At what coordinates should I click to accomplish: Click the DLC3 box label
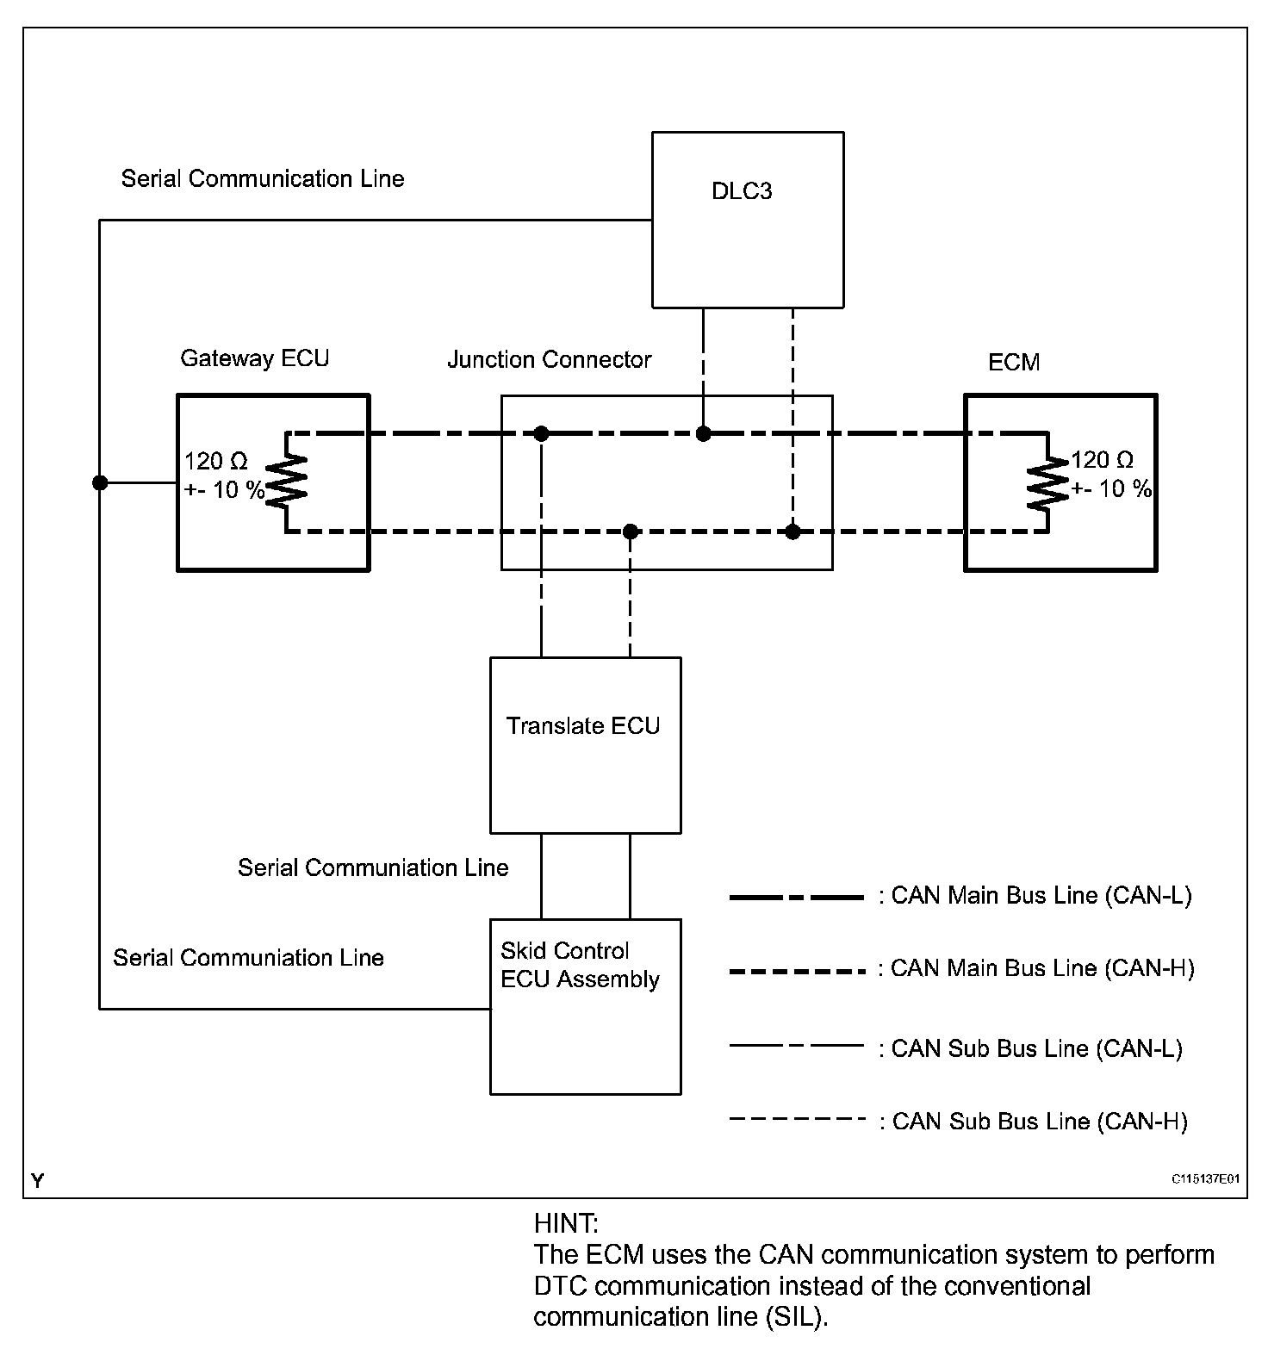tap(742, 191)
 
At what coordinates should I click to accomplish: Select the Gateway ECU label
tap(254, 358)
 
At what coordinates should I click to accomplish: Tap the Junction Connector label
tap(549, 359)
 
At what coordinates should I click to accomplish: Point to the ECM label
tap(1014, 362)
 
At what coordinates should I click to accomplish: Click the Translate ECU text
tap(583, 726)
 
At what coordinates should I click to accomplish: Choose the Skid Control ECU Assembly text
tap(580, 965)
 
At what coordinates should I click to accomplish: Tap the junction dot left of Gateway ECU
tap(100, 482)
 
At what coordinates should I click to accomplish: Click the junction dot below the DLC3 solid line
tap(704, 433)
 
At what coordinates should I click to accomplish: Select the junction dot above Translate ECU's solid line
tap(541, 433)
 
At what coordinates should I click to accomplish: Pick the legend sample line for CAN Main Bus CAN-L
tap(796, 898)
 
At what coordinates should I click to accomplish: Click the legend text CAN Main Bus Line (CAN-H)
tap(1036, 968)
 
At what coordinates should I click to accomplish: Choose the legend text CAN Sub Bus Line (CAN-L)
tap(1030, 1048)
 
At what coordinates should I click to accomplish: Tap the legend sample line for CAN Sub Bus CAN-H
tap(796, 1120)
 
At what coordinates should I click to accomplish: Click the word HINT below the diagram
tap(566, 1223)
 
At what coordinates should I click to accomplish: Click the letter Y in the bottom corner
tap(37, 1180)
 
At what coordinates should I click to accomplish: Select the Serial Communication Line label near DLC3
tap(263, 179)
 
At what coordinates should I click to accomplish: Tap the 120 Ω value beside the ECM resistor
tap(1102, 460)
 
